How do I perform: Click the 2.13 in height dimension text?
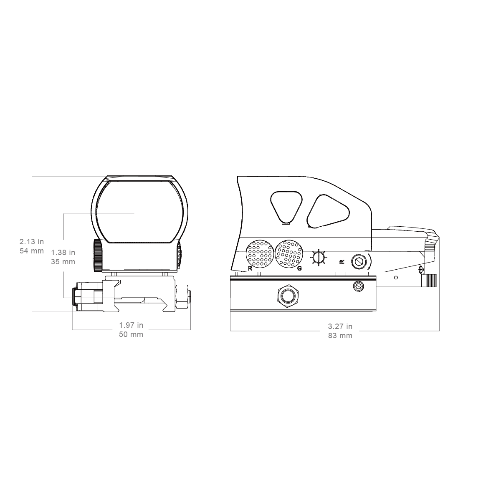(x=32, y=242)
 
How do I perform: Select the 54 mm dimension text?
(x=32, y=251)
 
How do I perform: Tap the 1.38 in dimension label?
(x=63, y=253)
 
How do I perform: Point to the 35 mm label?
(x=63, y=261)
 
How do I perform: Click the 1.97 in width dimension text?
(x=131, y=325)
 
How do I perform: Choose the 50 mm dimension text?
(x=131, y=334)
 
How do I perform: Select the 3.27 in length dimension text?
(x=340, y=326)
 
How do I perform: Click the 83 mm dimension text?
(x=340, y=336)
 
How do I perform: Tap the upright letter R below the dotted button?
(x=250, y=268)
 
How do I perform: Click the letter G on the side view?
(x=299, y=268)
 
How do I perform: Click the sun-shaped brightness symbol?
(x=318, y=258)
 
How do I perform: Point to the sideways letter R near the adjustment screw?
(x=342, y=262)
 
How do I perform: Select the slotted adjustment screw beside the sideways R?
(x=359, y=262)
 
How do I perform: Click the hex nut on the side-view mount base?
(x=288, y=296)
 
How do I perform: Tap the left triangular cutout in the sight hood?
(x=286, y=207)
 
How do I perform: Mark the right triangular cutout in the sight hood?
(x=328, y=211)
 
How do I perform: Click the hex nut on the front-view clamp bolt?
(x=182, y=297)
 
